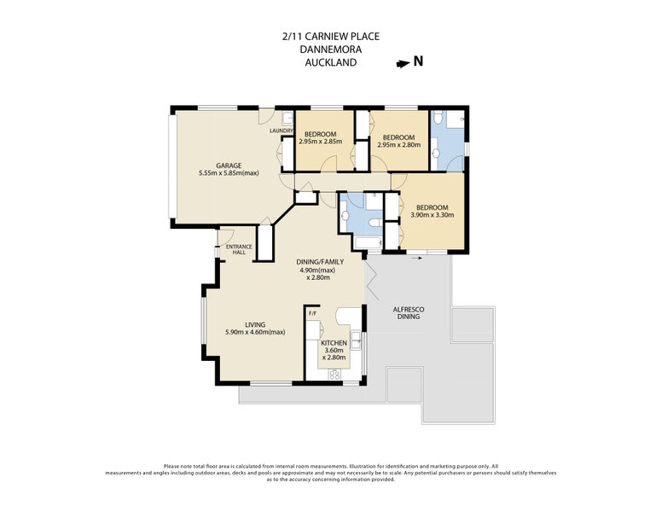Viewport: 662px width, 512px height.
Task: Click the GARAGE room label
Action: pyautogui.click(x=229, y=166)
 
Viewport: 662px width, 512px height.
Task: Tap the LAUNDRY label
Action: pyautogui.click(x=282, y=131)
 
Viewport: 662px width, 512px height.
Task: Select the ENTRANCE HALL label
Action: pyautogui.click(x=239, y=249)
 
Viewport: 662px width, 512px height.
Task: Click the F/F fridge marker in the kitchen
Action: pyautogui.click(x=313, y=313)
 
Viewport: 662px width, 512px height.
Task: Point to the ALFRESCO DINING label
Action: pyautogui.click(x=409, y=312)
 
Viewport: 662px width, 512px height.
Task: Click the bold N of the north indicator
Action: pyautogui.click(x=418, y=61)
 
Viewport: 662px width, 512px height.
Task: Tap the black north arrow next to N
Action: pyautogui.click(x=403, y=64)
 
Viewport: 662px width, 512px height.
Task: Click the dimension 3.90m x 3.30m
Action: pyautogui.click(x=433, y=214)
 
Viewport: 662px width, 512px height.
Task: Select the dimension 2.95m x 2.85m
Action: pyautogui.click(x=321, y=141)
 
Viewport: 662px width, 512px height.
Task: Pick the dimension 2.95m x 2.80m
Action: pyautogui.click(x=399, y=144)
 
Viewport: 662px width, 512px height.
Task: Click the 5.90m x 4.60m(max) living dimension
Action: pyautogui.click(x=255, y=332)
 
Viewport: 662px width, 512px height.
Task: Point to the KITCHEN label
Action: pyautogui.click(x=334, y=343)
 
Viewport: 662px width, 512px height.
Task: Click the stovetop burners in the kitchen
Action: pyautogui.click(x=334, y=374)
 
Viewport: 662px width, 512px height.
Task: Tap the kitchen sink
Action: pyautogui.click(x=357, y=341)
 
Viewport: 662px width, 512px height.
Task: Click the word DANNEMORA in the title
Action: pyautogui.click(x=331, y=49)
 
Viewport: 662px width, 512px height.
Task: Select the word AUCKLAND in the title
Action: pyautogui.click(x=331, y=62)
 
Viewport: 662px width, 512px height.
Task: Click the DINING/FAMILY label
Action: pyautogui.click(x=320, y=262)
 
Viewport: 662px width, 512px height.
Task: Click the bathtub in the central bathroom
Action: pyautogui.click(x=369, y=243)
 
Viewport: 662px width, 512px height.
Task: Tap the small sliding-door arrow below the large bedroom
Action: pyautogui.click(x=416, y=258)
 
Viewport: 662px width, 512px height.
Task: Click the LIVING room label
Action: pyautogui.click(x=255, y=325)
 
